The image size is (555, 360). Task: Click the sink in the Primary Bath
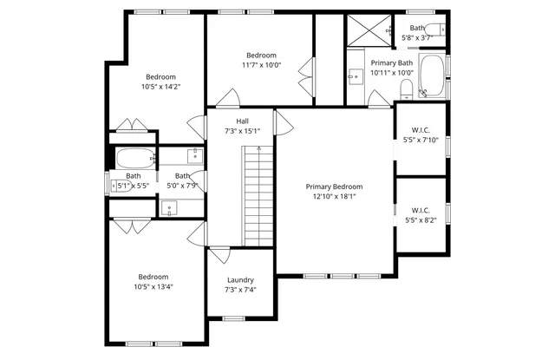[355, 77]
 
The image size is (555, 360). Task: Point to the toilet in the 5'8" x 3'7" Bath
[441, 29]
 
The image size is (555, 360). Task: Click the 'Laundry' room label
[240, 279]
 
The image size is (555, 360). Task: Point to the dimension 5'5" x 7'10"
[421, 140]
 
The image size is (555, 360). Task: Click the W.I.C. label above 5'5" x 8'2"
[421, 210]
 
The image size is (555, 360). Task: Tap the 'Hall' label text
[243, 121]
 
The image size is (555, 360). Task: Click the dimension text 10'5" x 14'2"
[160, 87]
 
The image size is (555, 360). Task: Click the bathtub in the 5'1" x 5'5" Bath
[134, 159]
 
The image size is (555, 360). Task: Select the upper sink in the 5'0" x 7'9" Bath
[195, 156]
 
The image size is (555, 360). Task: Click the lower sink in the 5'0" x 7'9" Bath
[170, 206]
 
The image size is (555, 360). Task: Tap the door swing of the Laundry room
[219, 254]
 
